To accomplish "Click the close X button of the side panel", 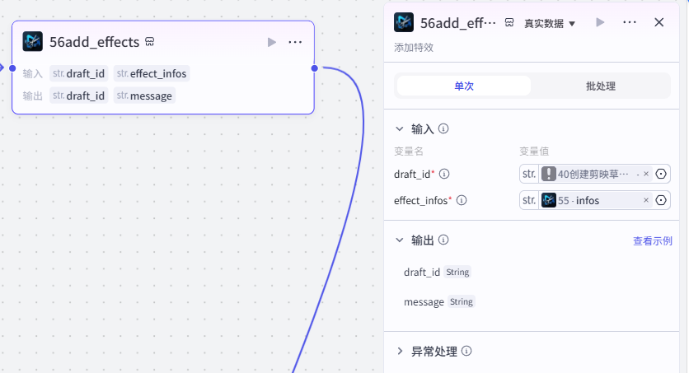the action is [x=659, y=22].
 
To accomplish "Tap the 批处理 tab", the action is [x=600, y=86].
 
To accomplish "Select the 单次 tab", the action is [x=464, y=86].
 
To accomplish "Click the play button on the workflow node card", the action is [x=271, y=42].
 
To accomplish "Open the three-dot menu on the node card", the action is [x=295, y=42].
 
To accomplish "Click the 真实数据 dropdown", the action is [x=550, y=23].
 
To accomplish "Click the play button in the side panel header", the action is [x=600, y=22].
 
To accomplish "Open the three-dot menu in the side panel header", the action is [x=629, y=22].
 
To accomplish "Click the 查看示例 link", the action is [x=653, y=241].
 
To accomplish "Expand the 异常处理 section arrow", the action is [x=400, y=351].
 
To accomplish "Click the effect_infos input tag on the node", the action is [x=152, y=73].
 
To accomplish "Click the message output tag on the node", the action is [x=144, y=96].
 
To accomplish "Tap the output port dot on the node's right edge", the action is [x=315, y=68].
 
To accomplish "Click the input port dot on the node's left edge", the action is [x=12, y=68].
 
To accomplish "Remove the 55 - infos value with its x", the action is [x=646, y=201].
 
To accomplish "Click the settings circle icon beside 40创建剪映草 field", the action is [x=661, y=175].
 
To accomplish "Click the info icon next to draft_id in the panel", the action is [x=444, y=175].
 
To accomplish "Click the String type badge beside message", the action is [x=462, y=302].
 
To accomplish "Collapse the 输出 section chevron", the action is [x=400, y=240].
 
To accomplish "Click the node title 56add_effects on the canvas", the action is [x=95, y=42].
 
